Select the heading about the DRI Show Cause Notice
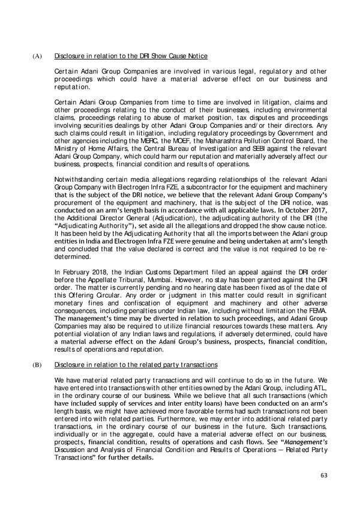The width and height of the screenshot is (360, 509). [131, 56]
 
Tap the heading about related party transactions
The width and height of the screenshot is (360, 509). [135, 364]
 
